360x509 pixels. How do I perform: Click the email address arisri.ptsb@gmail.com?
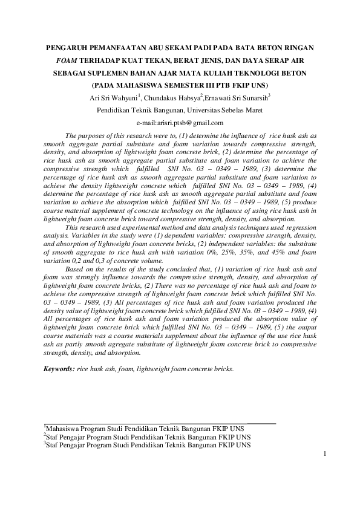coord(180,123)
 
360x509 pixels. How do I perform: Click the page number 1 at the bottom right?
coord(326,454)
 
